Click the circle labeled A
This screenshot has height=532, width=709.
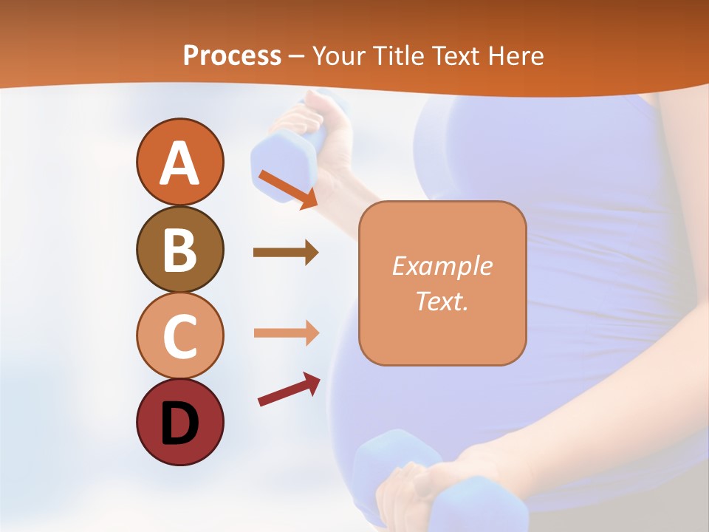[179, 162]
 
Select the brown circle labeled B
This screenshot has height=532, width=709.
[179, 249]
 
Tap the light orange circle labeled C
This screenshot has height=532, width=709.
[179, 335]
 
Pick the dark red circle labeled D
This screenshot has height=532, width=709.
[179, 422]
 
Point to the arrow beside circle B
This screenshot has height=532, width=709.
[286, 253]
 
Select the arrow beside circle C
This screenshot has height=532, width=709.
[286, 332]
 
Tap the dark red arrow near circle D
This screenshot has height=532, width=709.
[289, 390]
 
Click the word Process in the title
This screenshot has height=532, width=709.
[232, 56]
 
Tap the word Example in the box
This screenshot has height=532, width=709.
[442, 266]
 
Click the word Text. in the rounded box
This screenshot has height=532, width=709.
[442, 301]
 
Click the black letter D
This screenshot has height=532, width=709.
[179, 423]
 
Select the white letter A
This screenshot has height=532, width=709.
[179, 163]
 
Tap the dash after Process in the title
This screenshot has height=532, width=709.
[297, 57]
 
